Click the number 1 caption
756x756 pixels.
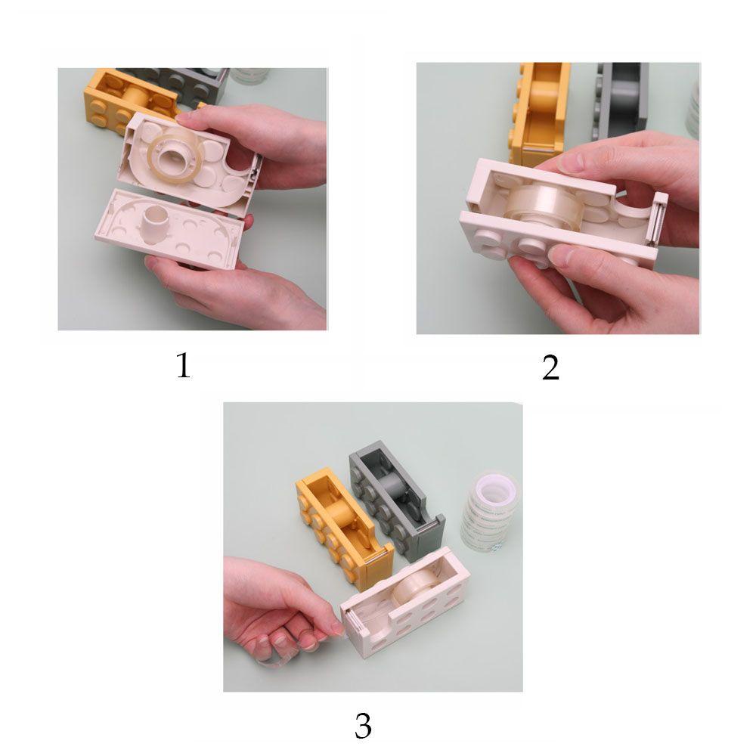point(183,365)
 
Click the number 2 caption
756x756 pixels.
point(550,367)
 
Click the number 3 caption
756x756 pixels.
point(363,726)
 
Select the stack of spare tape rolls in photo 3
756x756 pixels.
point(491,513)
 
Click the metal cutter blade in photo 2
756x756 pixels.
point(657,221)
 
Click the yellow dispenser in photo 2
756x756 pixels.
point(541,113)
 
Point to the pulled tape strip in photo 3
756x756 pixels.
point(294,652)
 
